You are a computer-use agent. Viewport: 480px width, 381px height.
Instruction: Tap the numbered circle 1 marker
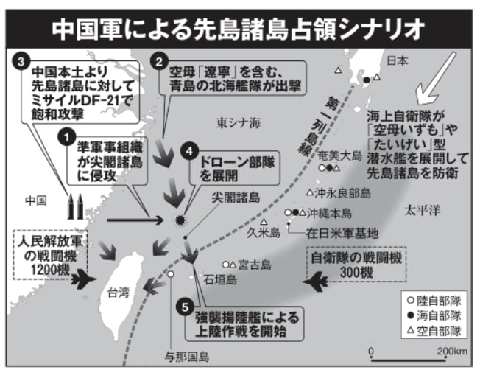(67, 137)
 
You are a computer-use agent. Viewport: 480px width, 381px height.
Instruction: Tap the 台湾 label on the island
(119, 291)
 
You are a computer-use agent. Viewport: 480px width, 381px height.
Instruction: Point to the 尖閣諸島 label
(235, 197)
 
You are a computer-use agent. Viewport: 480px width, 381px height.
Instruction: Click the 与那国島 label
(189, 357)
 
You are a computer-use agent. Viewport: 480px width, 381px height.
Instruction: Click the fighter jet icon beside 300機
(321, 281)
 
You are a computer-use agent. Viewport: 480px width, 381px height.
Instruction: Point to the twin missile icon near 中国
(74, 206)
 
